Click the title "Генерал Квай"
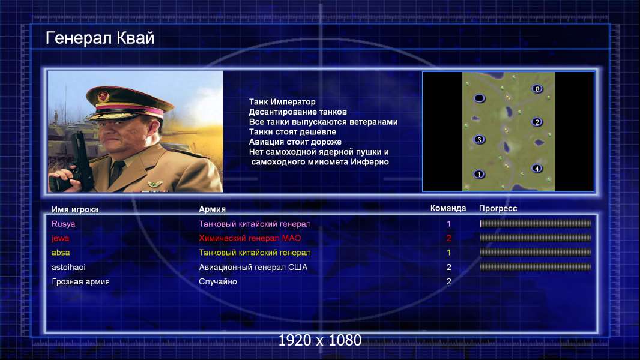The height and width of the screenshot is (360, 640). coord(100,38)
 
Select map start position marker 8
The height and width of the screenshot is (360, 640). coord(537,89)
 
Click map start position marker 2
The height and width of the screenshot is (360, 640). coord(537,122)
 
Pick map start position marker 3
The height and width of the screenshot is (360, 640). coord(479,139)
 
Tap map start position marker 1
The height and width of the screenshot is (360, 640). coord(478,174)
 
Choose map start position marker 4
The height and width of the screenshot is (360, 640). coord(537,169)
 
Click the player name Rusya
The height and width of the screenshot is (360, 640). coord(63,224)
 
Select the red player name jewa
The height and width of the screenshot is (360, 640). coord(61,238)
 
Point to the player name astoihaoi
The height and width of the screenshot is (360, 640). coord(68,268)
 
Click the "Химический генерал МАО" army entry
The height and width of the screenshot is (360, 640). coord(250,238)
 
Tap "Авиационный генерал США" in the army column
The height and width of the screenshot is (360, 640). coord(253,268)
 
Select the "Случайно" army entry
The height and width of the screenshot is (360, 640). coord(217,282)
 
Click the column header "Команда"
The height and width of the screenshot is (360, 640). coord(448,208)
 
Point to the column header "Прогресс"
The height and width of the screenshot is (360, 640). coord(498,209)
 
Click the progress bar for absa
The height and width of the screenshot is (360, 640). coord(536,253)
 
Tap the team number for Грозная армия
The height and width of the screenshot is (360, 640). coord(449,282)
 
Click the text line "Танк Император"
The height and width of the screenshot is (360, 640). coord(282,102)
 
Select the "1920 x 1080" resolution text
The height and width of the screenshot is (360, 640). coord(320,340)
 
